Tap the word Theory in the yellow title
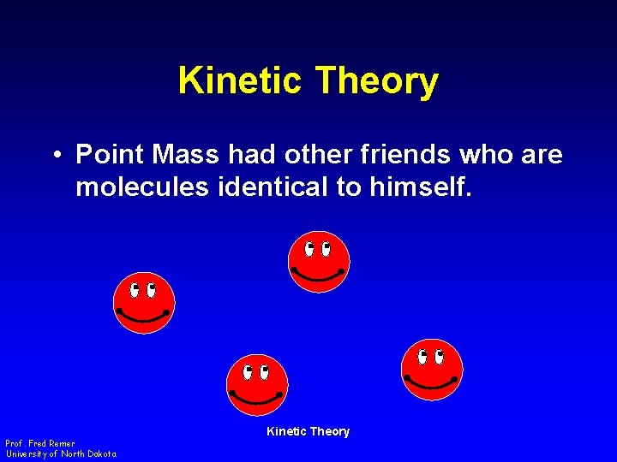click(377, 81)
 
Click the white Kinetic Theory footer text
click(308, 432)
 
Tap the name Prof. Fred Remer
click(40, 444)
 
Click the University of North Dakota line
click(61, 454)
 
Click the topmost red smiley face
click(319, 261)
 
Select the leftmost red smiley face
click(144, 302)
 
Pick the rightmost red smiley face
click(432, 369)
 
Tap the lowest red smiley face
click(257, 384)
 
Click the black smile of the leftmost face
click(143, 317)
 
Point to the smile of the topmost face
click(318, 276)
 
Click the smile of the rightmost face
click(431, 383)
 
